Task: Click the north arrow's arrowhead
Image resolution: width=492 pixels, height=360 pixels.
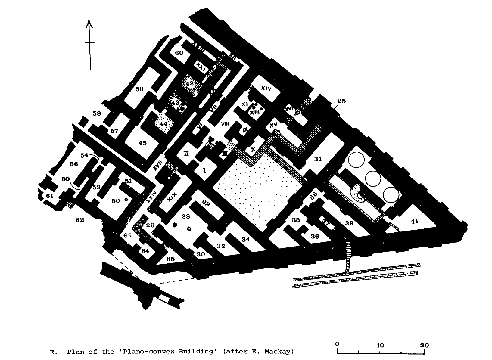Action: [x=89, y=23]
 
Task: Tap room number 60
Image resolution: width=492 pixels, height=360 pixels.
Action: [x=179, y=53]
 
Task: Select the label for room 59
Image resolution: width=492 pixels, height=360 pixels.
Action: [x=139, y=89]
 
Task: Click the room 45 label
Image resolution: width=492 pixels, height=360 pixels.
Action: [x=142, y=143]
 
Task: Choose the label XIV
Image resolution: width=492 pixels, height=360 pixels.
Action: [x=266, y=88]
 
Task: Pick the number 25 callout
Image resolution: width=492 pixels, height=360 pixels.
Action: [x=341, y=101]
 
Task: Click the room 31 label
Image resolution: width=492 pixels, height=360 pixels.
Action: [x=318, y=159]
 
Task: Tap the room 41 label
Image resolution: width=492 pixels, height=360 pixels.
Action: [x=414, y=222]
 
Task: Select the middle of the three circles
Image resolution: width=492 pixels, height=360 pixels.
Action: [x=373, y=178]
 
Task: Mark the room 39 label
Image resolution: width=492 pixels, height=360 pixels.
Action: [x=349, y=223]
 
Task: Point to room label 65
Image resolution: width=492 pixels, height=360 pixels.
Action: [x=170, y=259]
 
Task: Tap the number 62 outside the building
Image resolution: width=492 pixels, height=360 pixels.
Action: [x=80, y=220]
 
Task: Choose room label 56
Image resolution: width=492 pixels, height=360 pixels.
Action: [x=74, y=164]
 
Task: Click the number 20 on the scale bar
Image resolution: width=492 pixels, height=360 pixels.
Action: [x=424, y=345]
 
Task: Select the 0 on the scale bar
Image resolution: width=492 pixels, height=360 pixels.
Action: [x=337, y=344]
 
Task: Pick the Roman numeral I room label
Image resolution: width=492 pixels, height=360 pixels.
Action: [x=205, y=171]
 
